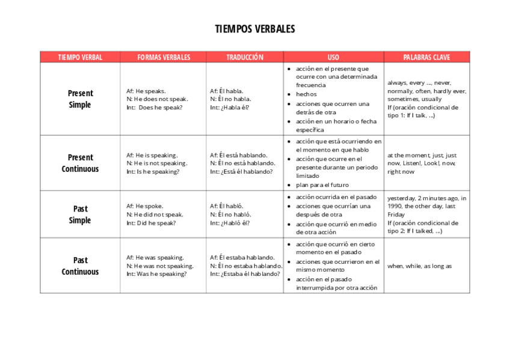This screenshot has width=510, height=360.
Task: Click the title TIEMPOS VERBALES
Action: click(255, 29)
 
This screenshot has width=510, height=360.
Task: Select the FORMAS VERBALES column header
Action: click(164, 58)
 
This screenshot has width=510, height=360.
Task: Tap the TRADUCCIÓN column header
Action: click(245, 58)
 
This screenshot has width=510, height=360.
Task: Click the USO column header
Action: click(333, 58)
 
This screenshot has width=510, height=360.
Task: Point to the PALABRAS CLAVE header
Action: click(426, 58)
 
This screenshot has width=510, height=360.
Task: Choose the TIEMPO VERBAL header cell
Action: click(80, 58)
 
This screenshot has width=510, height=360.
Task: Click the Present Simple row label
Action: click(80, 99)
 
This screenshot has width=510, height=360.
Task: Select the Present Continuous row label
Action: click(80, 163)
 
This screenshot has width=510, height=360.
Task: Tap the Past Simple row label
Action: click(80, 215)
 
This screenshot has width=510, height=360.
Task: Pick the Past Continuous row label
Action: click(80, 266)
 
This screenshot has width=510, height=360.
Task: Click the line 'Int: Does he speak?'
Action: click(155, 108)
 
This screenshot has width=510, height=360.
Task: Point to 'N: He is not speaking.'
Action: click(156, 163)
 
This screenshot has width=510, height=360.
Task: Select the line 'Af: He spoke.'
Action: click(144, 206)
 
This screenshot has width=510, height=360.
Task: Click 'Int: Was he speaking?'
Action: click(156, 274)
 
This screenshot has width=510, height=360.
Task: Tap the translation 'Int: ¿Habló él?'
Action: click(230, 223)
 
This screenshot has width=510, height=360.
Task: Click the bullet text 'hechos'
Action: click(306, 94)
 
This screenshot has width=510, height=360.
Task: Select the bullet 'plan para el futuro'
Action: click(322, 185)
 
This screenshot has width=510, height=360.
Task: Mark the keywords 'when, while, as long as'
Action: click(419, 266)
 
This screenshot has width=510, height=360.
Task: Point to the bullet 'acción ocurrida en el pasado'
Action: click(336, 197)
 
